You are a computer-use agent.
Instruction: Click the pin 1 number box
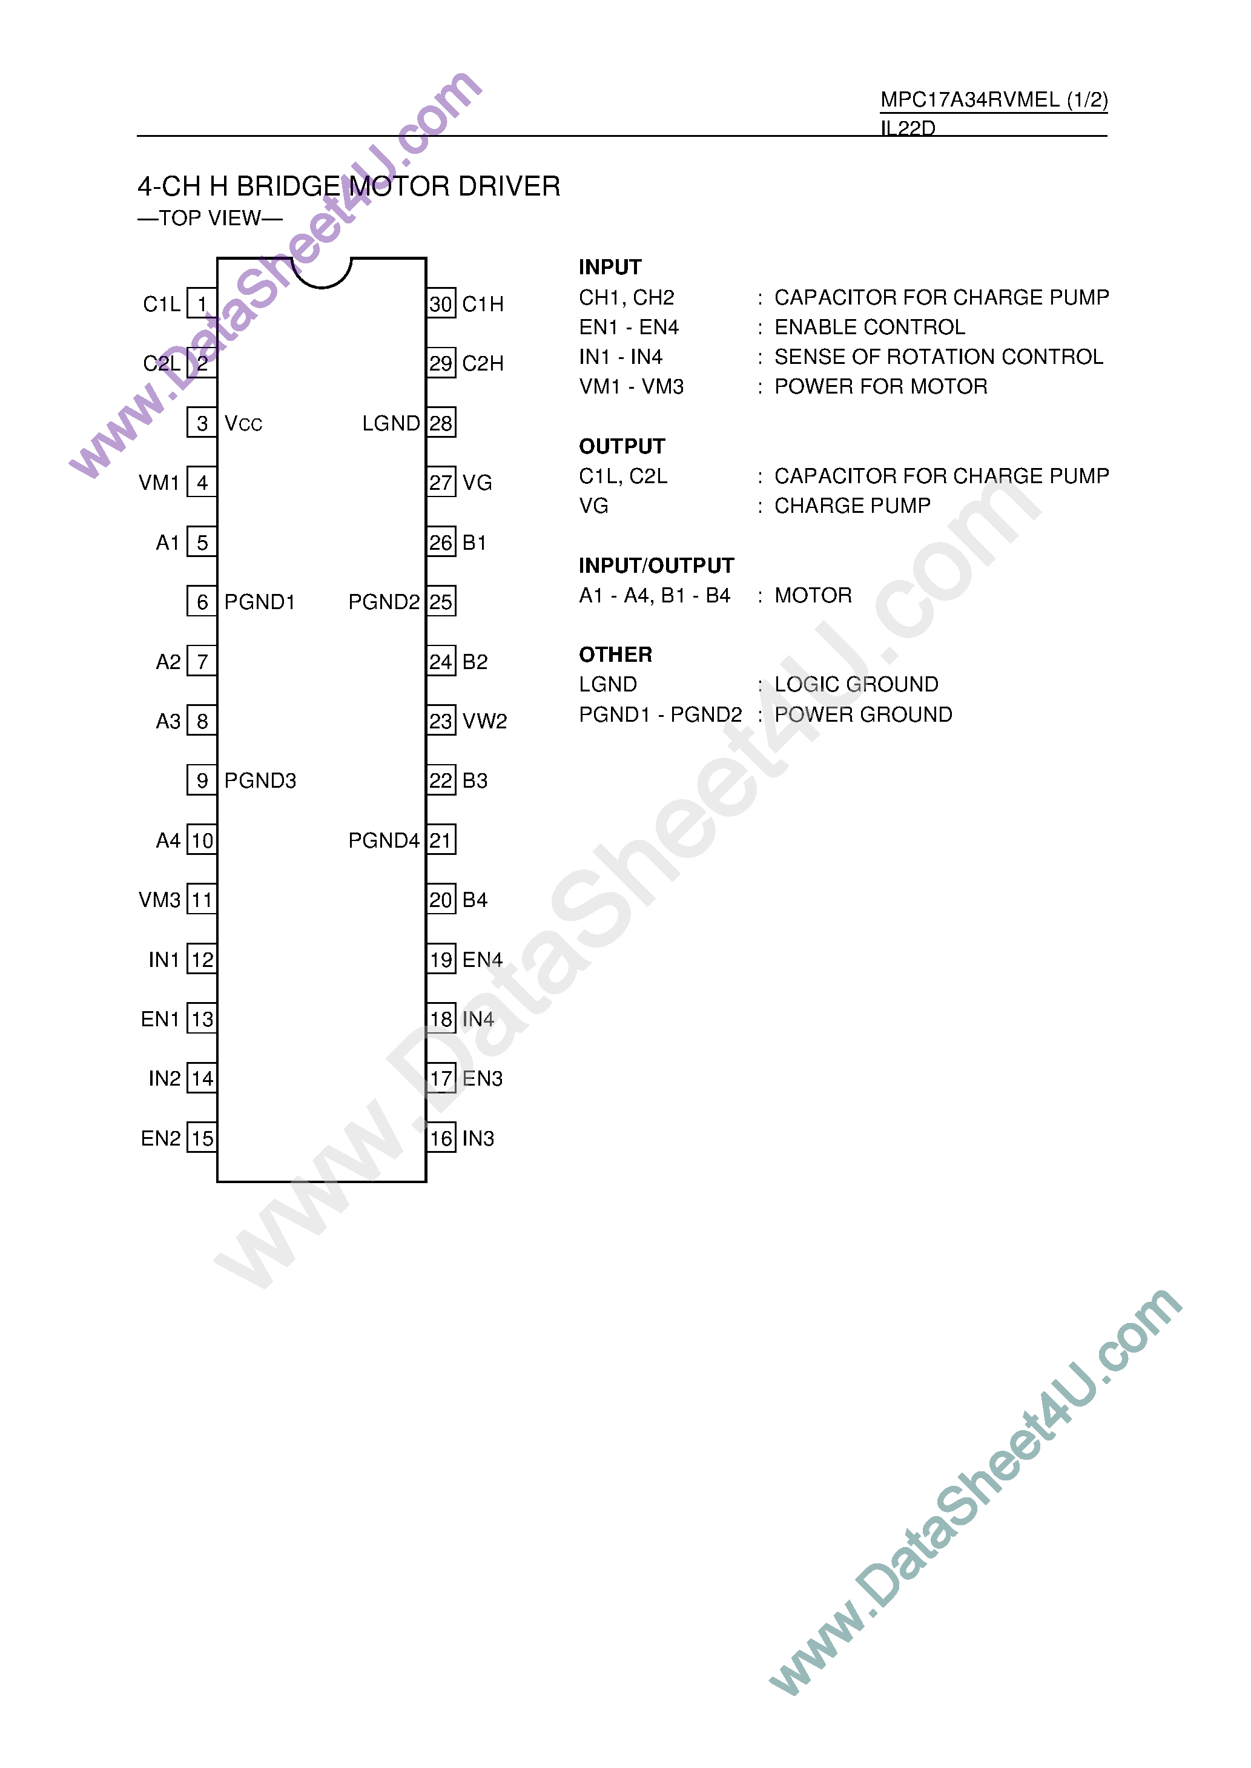pos(202,304)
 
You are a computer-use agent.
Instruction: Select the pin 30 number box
pos(441,304)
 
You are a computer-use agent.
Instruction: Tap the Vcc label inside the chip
pos(243,423)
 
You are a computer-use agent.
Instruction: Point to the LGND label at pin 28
pos(391,423)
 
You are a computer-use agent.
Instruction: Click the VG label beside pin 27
pos(477,483)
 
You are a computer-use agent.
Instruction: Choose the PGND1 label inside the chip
pos(260,602)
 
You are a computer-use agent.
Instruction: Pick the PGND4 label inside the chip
pos(384,840)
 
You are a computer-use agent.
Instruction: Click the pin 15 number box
pos(202,1138)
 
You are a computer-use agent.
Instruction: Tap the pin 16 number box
pos(441,1138)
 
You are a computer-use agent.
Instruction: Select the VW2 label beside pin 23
pos(484,722)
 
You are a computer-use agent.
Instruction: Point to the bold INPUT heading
pos(610,267)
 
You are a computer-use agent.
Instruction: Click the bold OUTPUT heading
pos(622,447)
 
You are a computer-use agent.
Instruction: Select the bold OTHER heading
pos(615,655)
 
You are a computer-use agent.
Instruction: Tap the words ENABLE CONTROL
pos(870,328)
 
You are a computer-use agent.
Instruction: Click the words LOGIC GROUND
pos(856,685)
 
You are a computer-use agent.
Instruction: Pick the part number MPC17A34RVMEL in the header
pos(970,100)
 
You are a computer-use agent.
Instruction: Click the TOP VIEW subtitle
pos(210,219)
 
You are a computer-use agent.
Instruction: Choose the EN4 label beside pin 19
pos(482,960)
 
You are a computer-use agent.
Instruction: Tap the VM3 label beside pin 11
pos(159,900)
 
